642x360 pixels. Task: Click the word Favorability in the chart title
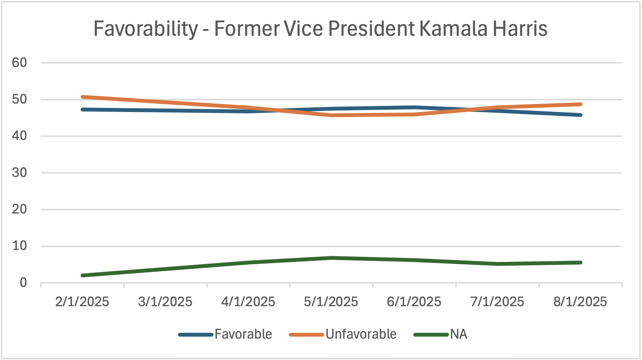[x=145, y=29]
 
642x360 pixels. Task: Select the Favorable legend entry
[x=243, y=334]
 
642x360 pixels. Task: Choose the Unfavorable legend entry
[x=361, y=334]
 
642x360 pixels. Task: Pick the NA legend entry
[x=458, y=334]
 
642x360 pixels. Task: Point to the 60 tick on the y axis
[x=19, y=63]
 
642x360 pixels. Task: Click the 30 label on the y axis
[x=19, y=173]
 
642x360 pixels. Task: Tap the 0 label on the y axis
[x=23, y=283]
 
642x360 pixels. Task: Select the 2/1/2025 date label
[x=82, y=301]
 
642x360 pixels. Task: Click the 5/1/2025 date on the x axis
[x=331, y=301]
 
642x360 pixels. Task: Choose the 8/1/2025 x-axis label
[x=580, y=301]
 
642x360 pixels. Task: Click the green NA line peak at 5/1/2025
[x=331, y=258]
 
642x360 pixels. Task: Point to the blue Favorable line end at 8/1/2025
[x=580, y=115]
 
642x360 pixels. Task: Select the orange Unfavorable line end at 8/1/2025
[x=580, y=104]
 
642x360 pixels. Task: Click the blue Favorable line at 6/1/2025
[x=414, y=108]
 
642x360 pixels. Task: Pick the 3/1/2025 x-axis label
[x=165, y=301]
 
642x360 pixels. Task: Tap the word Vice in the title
[x=303, y=29]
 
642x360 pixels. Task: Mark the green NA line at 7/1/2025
[x=497, y=264]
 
